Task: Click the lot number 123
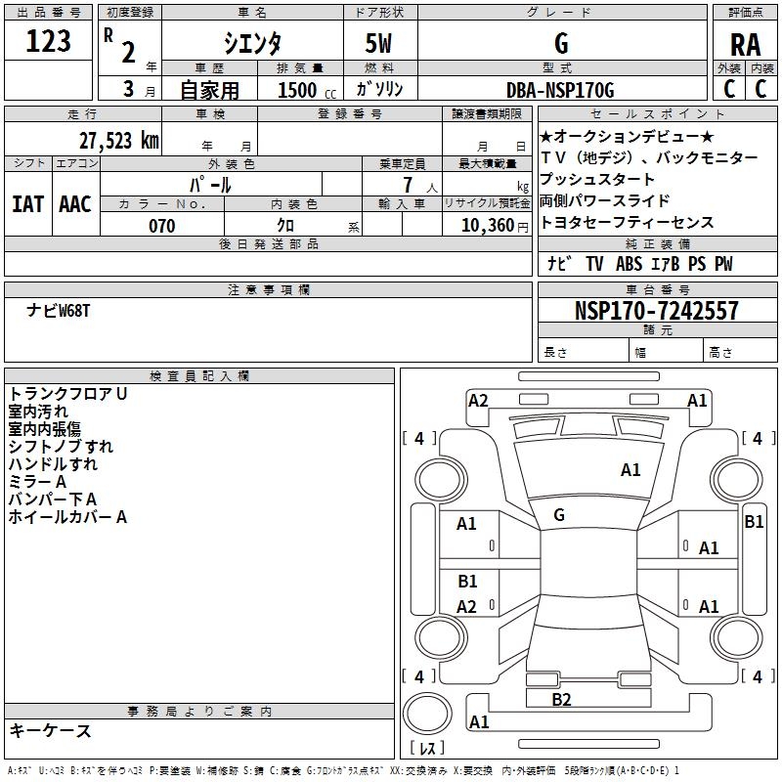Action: [x=48, y=41]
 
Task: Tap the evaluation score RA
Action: [x=745, y=44]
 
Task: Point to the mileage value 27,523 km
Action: [x=118, y=140]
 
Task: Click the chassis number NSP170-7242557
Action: [x=656, y=311]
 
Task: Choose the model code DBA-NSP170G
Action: [x=560, y=90]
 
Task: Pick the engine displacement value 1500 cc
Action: [x=304, y=90]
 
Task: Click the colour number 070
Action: [x=161, y=226]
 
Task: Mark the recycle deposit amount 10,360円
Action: [x=485, y=226]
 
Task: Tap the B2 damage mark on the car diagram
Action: [x=561, y=699]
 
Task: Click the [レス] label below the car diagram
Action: [x=428, y=749]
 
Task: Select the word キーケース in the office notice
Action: [x=51, y=731]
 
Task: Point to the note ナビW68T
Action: [x=59, y=311]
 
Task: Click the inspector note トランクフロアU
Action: [x=68, y=394]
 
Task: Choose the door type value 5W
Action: [x=381, y=43]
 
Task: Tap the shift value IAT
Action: [x=27, y=203]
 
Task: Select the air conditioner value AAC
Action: [x=75, y=203]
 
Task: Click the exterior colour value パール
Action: [x=210, y=184]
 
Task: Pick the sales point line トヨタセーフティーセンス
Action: [x=627, y=222]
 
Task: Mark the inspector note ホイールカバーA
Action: [x=67, y=517]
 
